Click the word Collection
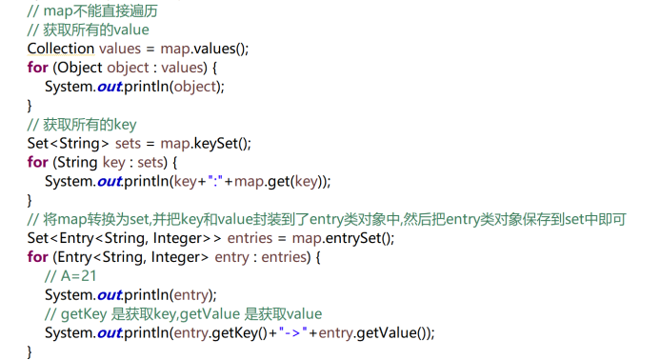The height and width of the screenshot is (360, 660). [61, 49]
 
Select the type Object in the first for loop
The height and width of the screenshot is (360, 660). [79, 68]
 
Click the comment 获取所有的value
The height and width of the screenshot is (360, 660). [89, 30]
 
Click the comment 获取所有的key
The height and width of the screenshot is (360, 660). [83, 125]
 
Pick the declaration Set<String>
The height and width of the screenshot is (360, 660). [66, 144]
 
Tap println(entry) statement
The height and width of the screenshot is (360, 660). [170, 294]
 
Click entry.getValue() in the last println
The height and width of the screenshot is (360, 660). [374, 332]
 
